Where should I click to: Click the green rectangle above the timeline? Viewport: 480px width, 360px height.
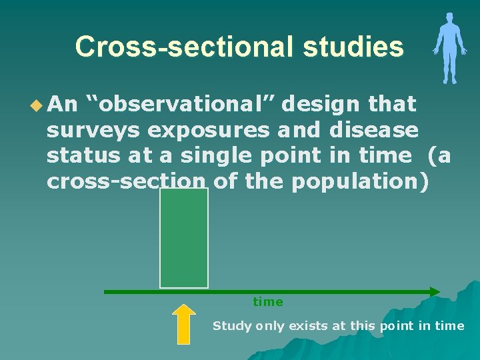(184, 238)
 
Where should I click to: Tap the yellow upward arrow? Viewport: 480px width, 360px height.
(185, 324)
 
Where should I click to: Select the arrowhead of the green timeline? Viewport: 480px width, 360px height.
(434, 291)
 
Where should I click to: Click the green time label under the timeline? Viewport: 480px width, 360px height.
(268, 302)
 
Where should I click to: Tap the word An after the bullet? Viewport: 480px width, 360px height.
(63, 104)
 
